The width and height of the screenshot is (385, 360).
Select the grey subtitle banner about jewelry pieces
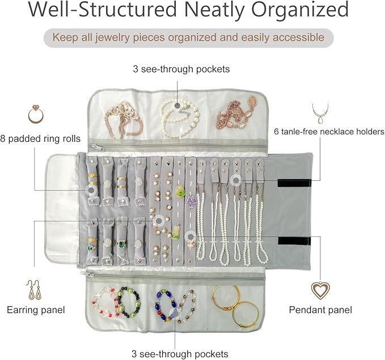(x=189, y=38)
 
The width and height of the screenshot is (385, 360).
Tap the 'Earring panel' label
(x=35, y=310)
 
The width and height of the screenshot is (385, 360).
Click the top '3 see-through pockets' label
(x=181, y=69)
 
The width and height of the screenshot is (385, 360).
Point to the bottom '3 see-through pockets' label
(x=180, y=354)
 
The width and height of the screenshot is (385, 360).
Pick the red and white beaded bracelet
(x=104, y=305)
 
